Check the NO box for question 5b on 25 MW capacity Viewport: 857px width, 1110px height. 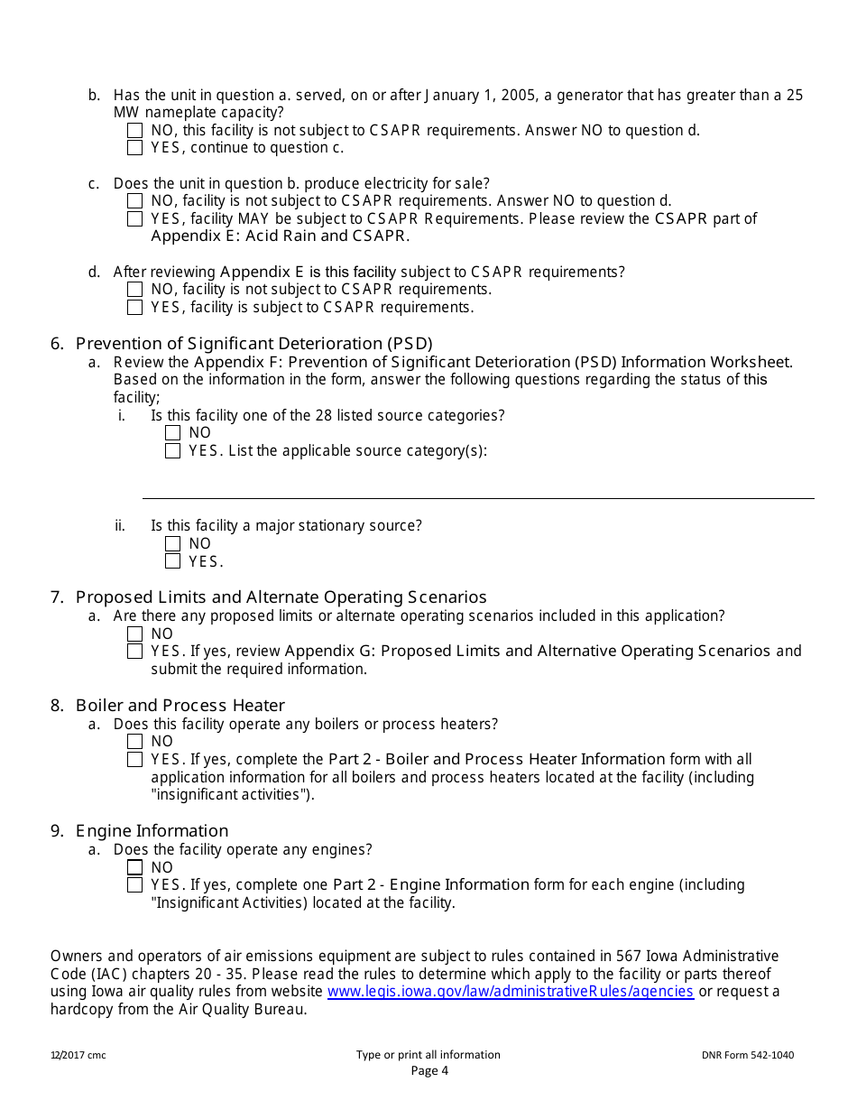(x=134, y=131)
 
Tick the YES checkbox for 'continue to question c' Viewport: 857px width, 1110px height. (x=134, y=148)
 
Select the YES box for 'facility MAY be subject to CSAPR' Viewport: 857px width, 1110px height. (x=134, y=218)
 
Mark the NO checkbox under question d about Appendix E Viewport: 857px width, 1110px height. (x=134, y=290)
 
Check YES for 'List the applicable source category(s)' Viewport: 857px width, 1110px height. (x=172, y=450)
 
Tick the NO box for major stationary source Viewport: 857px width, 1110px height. (x=172, y=543)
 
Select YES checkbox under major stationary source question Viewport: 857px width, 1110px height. (x=172, y=561)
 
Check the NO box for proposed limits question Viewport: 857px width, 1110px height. (x=134, y=634)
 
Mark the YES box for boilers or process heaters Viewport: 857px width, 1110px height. (x=134, y=760)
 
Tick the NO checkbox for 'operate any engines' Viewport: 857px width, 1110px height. (x=134, y=867)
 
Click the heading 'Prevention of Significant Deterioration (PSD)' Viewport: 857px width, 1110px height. (x=253, y=343)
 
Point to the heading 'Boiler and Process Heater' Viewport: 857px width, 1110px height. (x=180, y=705)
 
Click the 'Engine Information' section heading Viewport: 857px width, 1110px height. (x=152, y=830)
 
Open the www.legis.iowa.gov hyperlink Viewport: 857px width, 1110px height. (x=510, y=991)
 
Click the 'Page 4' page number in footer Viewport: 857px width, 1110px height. (x=429, y=1071)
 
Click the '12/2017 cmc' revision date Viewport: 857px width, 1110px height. (x=78, y=1055)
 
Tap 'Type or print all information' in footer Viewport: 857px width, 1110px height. (x=428, y=1055)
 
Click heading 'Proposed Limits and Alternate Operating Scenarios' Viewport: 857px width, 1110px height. (x=281, y=597)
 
